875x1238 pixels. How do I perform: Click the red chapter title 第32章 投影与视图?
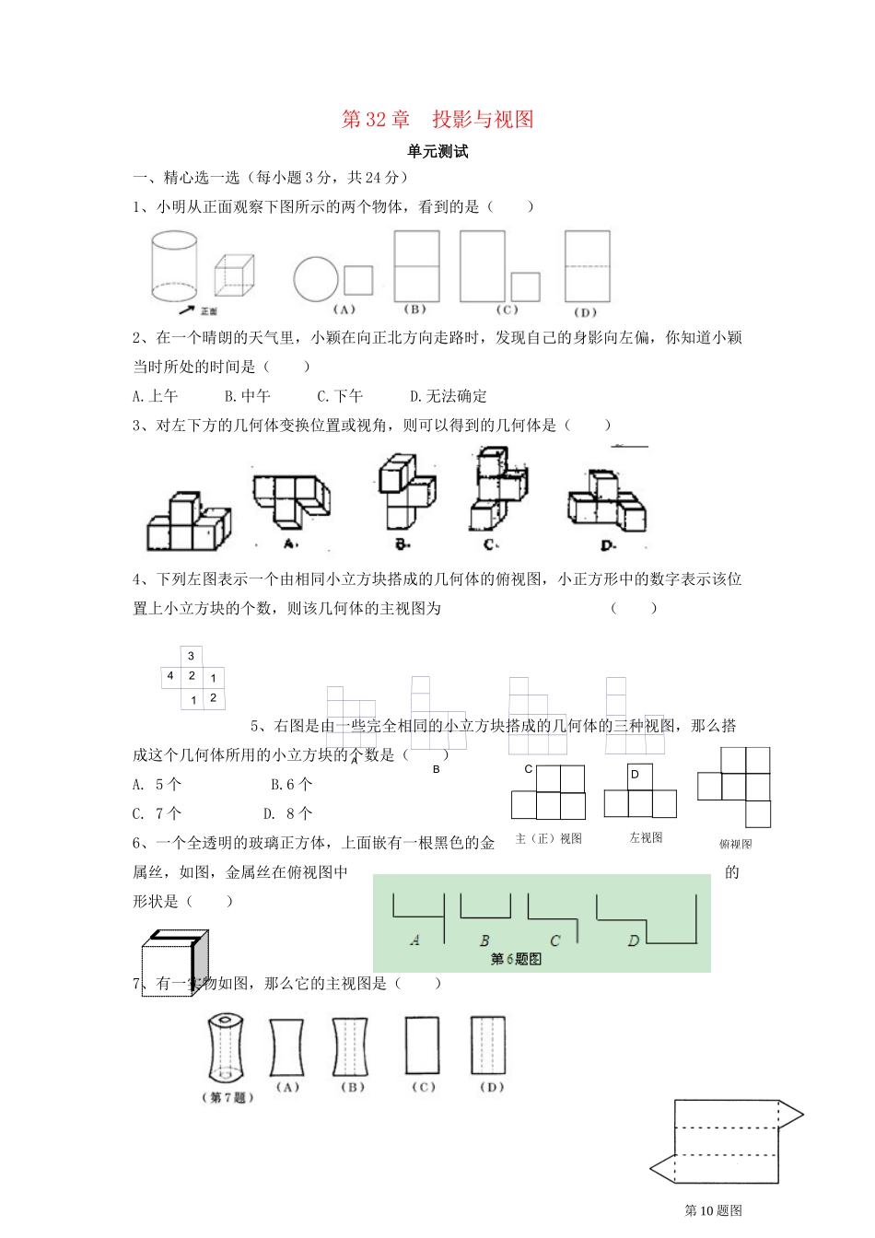tap(437, 120)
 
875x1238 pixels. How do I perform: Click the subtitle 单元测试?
tap(437, 152)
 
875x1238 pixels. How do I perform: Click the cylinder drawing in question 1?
tap(174, 267)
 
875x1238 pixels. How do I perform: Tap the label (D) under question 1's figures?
tap(585, 312)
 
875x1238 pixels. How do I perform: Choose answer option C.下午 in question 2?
tap(340, 396)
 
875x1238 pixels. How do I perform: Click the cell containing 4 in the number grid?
tap(170, 676)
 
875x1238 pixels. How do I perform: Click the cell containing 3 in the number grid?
tap(191, 656)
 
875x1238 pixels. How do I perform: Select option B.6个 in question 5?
tap(292, 784)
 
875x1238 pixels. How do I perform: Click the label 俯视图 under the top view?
tap(735, 844)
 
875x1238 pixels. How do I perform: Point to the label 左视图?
tap(646, 838)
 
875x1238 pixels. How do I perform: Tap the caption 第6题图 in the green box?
tap(516, 959)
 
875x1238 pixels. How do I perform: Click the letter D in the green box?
tap(634, 940)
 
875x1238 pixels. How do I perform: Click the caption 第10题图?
tap(714, 1210)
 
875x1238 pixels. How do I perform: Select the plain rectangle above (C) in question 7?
tap(422, 1045)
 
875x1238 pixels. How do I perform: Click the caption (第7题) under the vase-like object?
tap(227, 1097)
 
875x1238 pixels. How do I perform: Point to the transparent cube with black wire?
tap(175, 963)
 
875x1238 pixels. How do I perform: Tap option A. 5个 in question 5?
tap(157, 784)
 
